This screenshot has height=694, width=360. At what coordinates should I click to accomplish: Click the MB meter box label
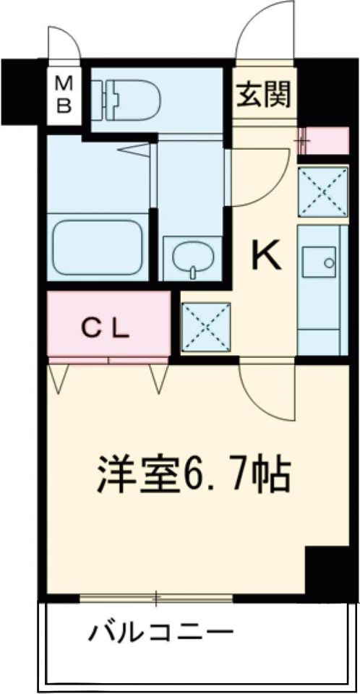point(64,94)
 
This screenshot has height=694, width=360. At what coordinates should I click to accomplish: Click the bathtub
point(98,247)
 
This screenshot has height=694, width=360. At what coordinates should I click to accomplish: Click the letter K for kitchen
point(265,254)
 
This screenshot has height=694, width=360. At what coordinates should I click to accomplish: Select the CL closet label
point(104,330)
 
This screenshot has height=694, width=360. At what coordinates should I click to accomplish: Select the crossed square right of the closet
point(206,327)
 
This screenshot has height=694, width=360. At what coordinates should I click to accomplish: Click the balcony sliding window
point(155,598)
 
